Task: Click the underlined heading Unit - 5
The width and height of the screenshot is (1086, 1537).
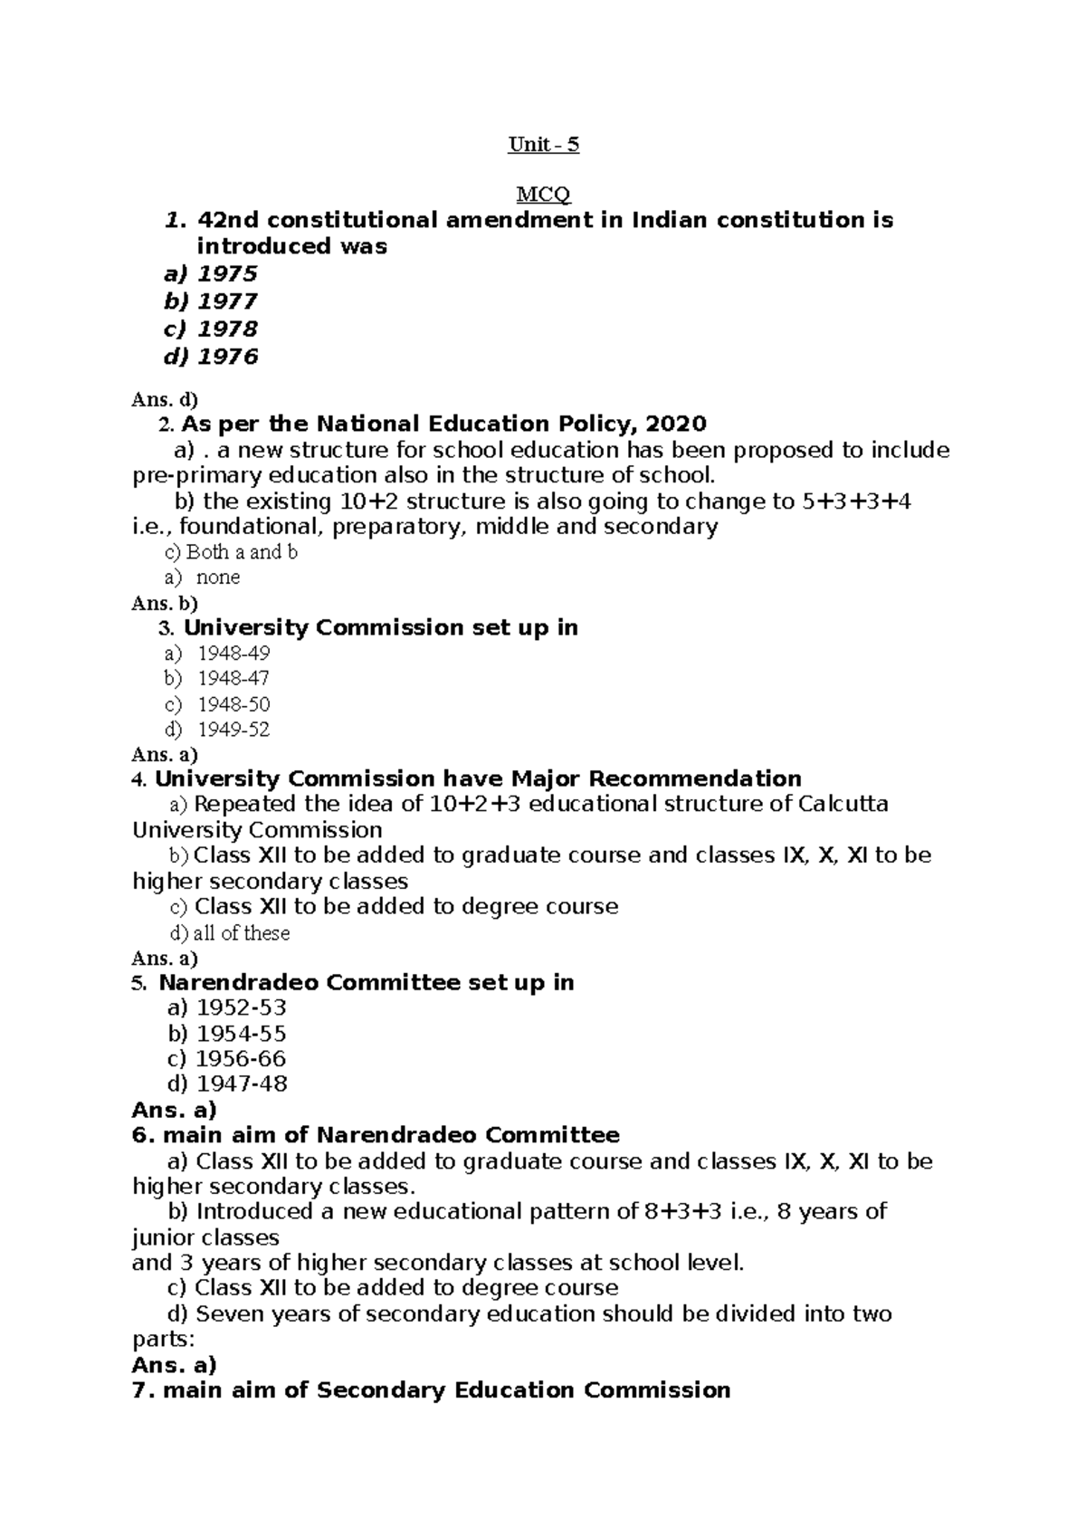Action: point(543,145)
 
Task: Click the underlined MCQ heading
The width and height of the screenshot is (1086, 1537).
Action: point(543,195)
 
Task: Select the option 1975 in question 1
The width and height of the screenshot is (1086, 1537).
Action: point(227,273)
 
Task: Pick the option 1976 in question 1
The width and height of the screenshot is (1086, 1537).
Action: point(227,357)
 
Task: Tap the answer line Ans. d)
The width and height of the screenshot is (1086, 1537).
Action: point(165,398)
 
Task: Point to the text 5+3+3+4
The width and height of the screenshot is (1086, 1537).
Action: point(856,501)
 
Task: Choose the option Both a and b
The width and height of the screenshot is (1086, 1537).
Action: point(241,552)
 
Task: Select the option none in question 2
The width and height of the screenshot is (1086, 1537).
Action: point(218,578)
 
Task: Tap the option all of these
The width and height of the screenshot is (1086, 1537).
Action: point(242,933)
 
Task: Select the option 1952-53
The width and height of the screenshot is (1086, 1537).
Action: point(241,1007)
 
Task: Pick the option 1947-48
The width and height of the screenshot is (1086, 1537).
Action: point(241,1084)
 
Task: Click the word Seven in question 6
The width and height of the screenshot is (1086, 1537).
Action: point(228,1313)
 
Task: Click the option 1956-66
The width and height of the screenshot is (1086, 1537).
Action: point(241,1058)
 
